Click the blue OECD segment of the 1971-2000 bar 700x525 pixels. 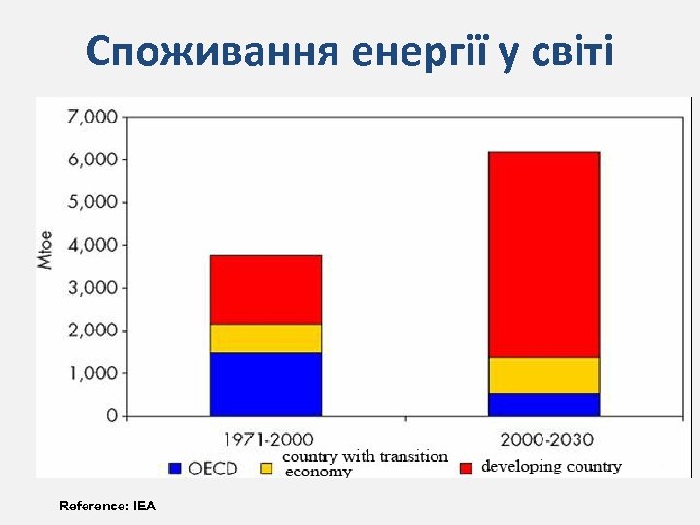(x=265, y=384)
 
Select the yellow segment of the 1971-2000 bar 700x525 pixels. (x=265, y=338)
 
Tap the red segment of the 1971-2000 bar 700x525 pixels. (x=265, y=290)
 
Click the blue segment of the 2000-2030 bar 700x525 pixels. (x=543, y=404)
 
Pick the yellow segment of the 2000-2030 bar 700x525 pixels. (x=543, y=375)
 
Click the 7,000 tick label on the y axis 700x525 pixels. (x=90, y=117)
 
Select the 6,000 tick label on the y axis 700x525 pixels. (x=90, y=159)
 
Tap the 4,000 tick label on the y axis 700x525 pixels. (x=90, y=245)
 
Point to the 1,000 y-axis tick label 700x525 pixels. (x=90, y=373)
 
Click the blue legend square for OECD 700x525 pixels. (x=175, y=468)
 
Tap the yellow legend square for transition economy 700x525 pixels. (x=265, y=468)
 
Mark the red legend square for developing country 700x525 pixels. (x=467, y=468)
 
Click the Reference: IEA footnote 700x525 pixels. (x=107, y=506)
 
